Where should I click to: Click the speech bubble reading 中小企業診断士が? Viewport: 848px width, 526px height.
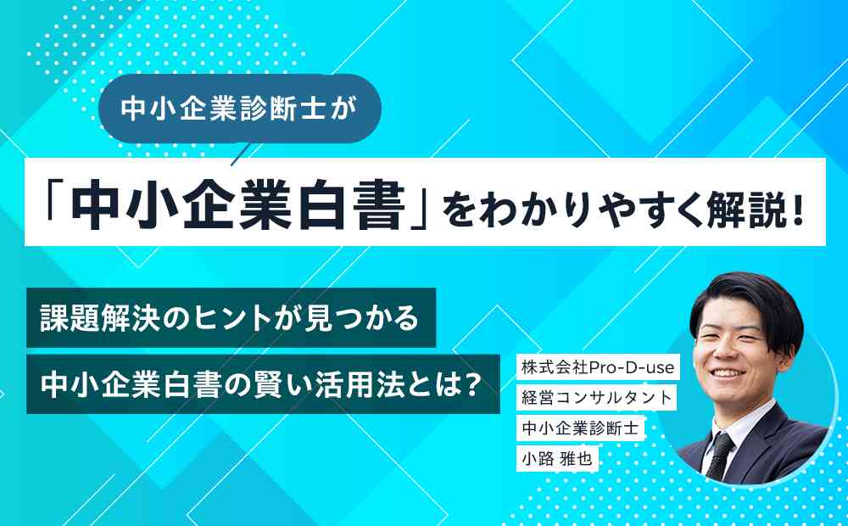click(x=240, y=109)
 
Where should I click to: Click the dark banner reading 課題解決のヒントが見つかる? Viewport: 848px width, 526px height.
click(x=231, y=317)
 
